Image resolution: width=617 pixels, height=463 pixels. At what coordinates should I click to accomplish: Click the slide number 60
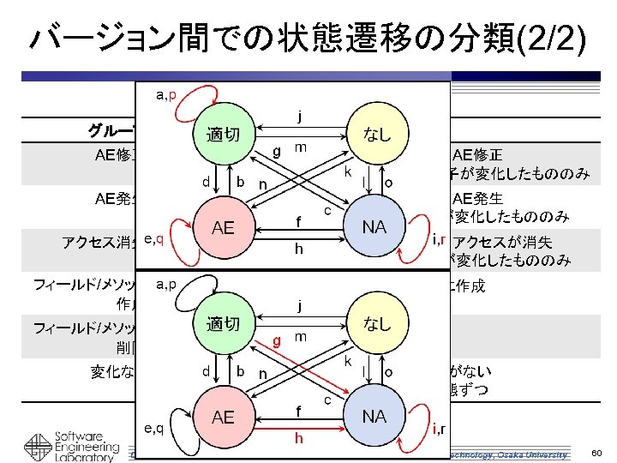pyautogui.click(x=597, y=453)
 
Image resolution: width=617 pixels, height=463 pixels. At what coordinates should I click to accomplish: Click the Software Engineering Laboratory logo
pyautogui.click(x=69, y=442)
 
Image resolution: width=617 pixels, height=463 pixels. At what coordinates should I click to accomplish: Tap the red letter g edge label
pyautogui.click(x=277, y=340)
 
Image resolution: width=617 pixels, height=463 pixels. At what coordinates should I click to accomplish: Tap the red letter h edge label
pyautogui.click(x=298, y=437)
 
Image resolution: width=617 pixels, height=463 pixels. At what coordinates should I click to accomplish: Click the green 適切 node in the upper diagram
pyautogui.click(x=223, y=136)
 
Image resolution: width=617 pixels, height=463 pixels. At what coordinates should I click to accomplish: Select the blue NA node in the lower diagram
pyautogui.click(x=374, y=417)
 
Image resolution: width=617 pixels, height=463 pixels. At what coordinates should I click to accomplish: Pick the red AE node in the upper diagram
pyautogui.click(x=223, y=227)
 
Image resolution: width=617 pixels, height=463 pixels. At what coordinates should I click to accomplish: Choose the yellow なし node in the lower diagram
pyautogui.click(x=377, y=324)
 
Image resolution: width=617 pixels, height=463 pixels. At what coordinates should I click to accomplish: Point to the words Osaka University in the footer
pyautogui.click(x=535, y=454)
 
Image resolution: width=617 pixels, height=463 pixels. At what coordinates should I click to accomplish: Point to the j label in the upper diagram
pyautogui.click(x=298, y=115)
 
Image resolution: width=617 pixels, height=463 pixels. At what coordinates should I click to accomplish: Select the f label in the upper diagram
pyautogui.click(x=298, y=221)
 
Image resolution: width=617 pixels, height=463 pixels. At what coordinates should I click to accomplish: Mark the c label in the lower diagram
pyautogui.click(x=327, y=399)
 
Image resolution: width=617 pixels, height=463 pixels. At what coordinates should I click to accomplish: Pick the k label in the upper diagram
pyautogui.click(x=348, y=171)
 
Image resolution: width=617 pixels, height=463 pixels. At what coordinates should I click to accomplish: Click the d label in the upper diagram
pyautogui.click(x=206, y=182)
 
